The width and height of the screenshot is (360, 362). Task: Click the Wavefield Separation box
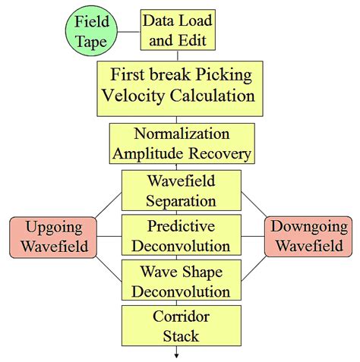click(181, 191)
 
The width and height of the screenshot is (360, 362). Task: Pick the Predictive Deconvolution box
click(181, 236)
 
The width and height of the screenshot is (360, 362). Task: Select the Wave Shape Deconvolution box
click(181, 281)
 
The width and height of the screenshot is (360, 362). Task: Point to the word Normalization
click(180, 134)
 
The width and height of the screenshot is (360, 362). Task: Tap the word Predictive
click(181, 226)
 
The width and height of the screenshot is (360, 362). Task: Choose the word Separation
click(181, 201)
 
